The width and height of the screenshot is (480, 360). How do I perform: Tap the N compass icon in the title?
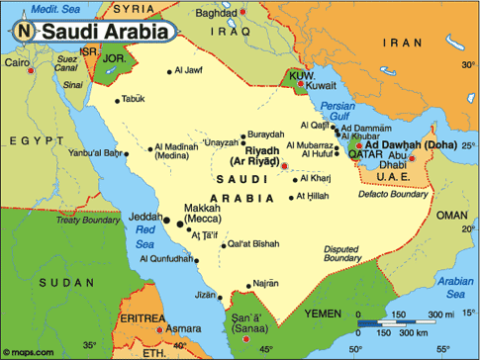[x=22, y=32]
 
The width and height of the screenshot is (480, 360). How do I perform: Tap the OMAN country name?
[x=450, y=215]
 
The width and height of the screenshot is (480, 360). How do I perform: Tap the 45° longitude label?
[x=264, y=349]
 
